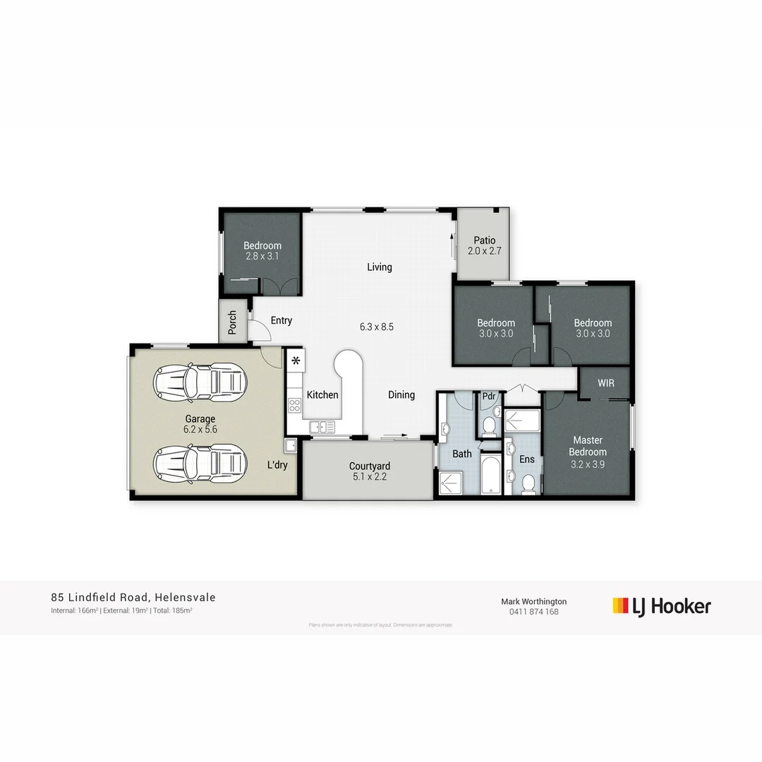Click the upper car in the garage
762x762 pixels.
point(200,382)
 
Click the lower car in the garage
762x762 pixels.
point(200,464)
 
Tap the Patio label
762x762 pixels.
point(484,241)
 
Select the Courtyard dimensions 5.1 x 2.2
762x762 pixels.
point(369,476)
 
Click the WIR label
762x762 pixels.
point(605,383)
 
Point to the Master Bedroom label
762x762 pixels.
point(588,446)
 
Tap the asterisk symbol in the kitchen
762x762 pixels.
point(296,361)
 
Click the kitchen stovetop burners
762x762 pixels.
point(294,406)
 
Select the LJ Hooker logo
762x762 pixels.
point(661,606)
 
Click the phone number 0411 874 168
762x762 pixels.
point(533,612)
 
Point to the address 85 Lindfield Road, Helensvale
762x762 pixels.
point(133,598)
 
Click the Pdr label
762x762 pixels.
point(489,397)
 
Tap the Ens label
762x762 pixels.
point(527,459)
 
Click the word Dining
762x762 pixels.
point(401,395)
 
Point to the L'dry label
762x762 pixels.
point(277,466)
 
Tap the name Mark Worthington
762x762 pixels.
point(533,602)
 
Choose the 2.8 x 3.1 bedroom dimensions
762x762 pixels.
point(262,256)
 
